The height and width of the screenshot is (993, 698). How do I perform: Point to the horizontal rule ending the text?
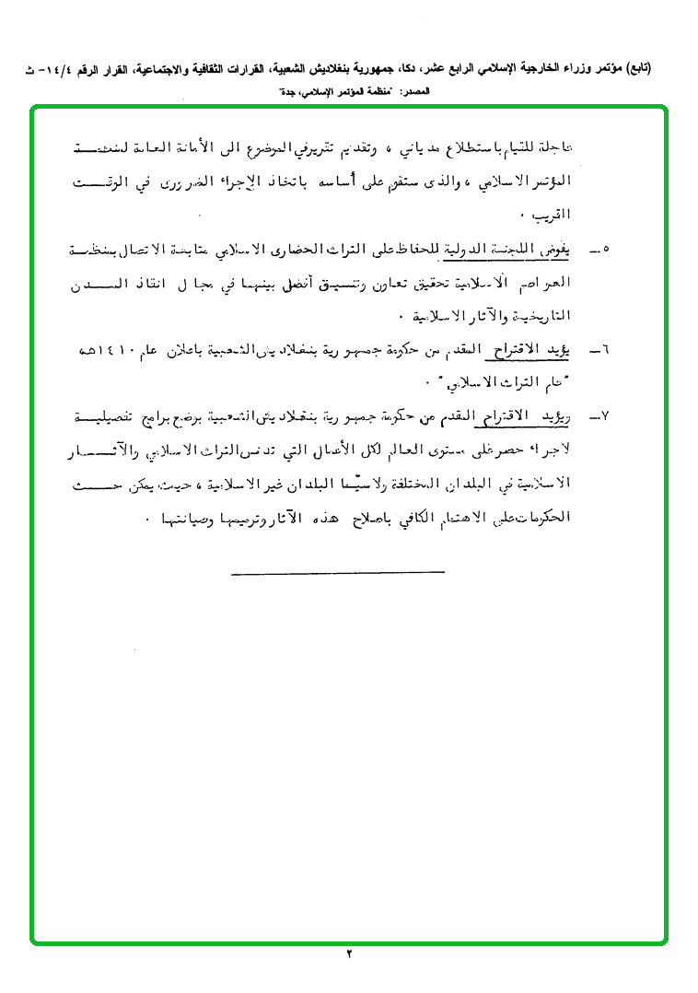tap(338, 573)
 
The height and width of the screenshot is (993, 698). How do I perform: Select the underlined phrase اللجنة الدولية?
tap(497, 248)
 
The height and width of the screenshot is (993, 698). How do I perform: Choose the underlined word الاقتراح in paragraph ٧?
tap(518, 417)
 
